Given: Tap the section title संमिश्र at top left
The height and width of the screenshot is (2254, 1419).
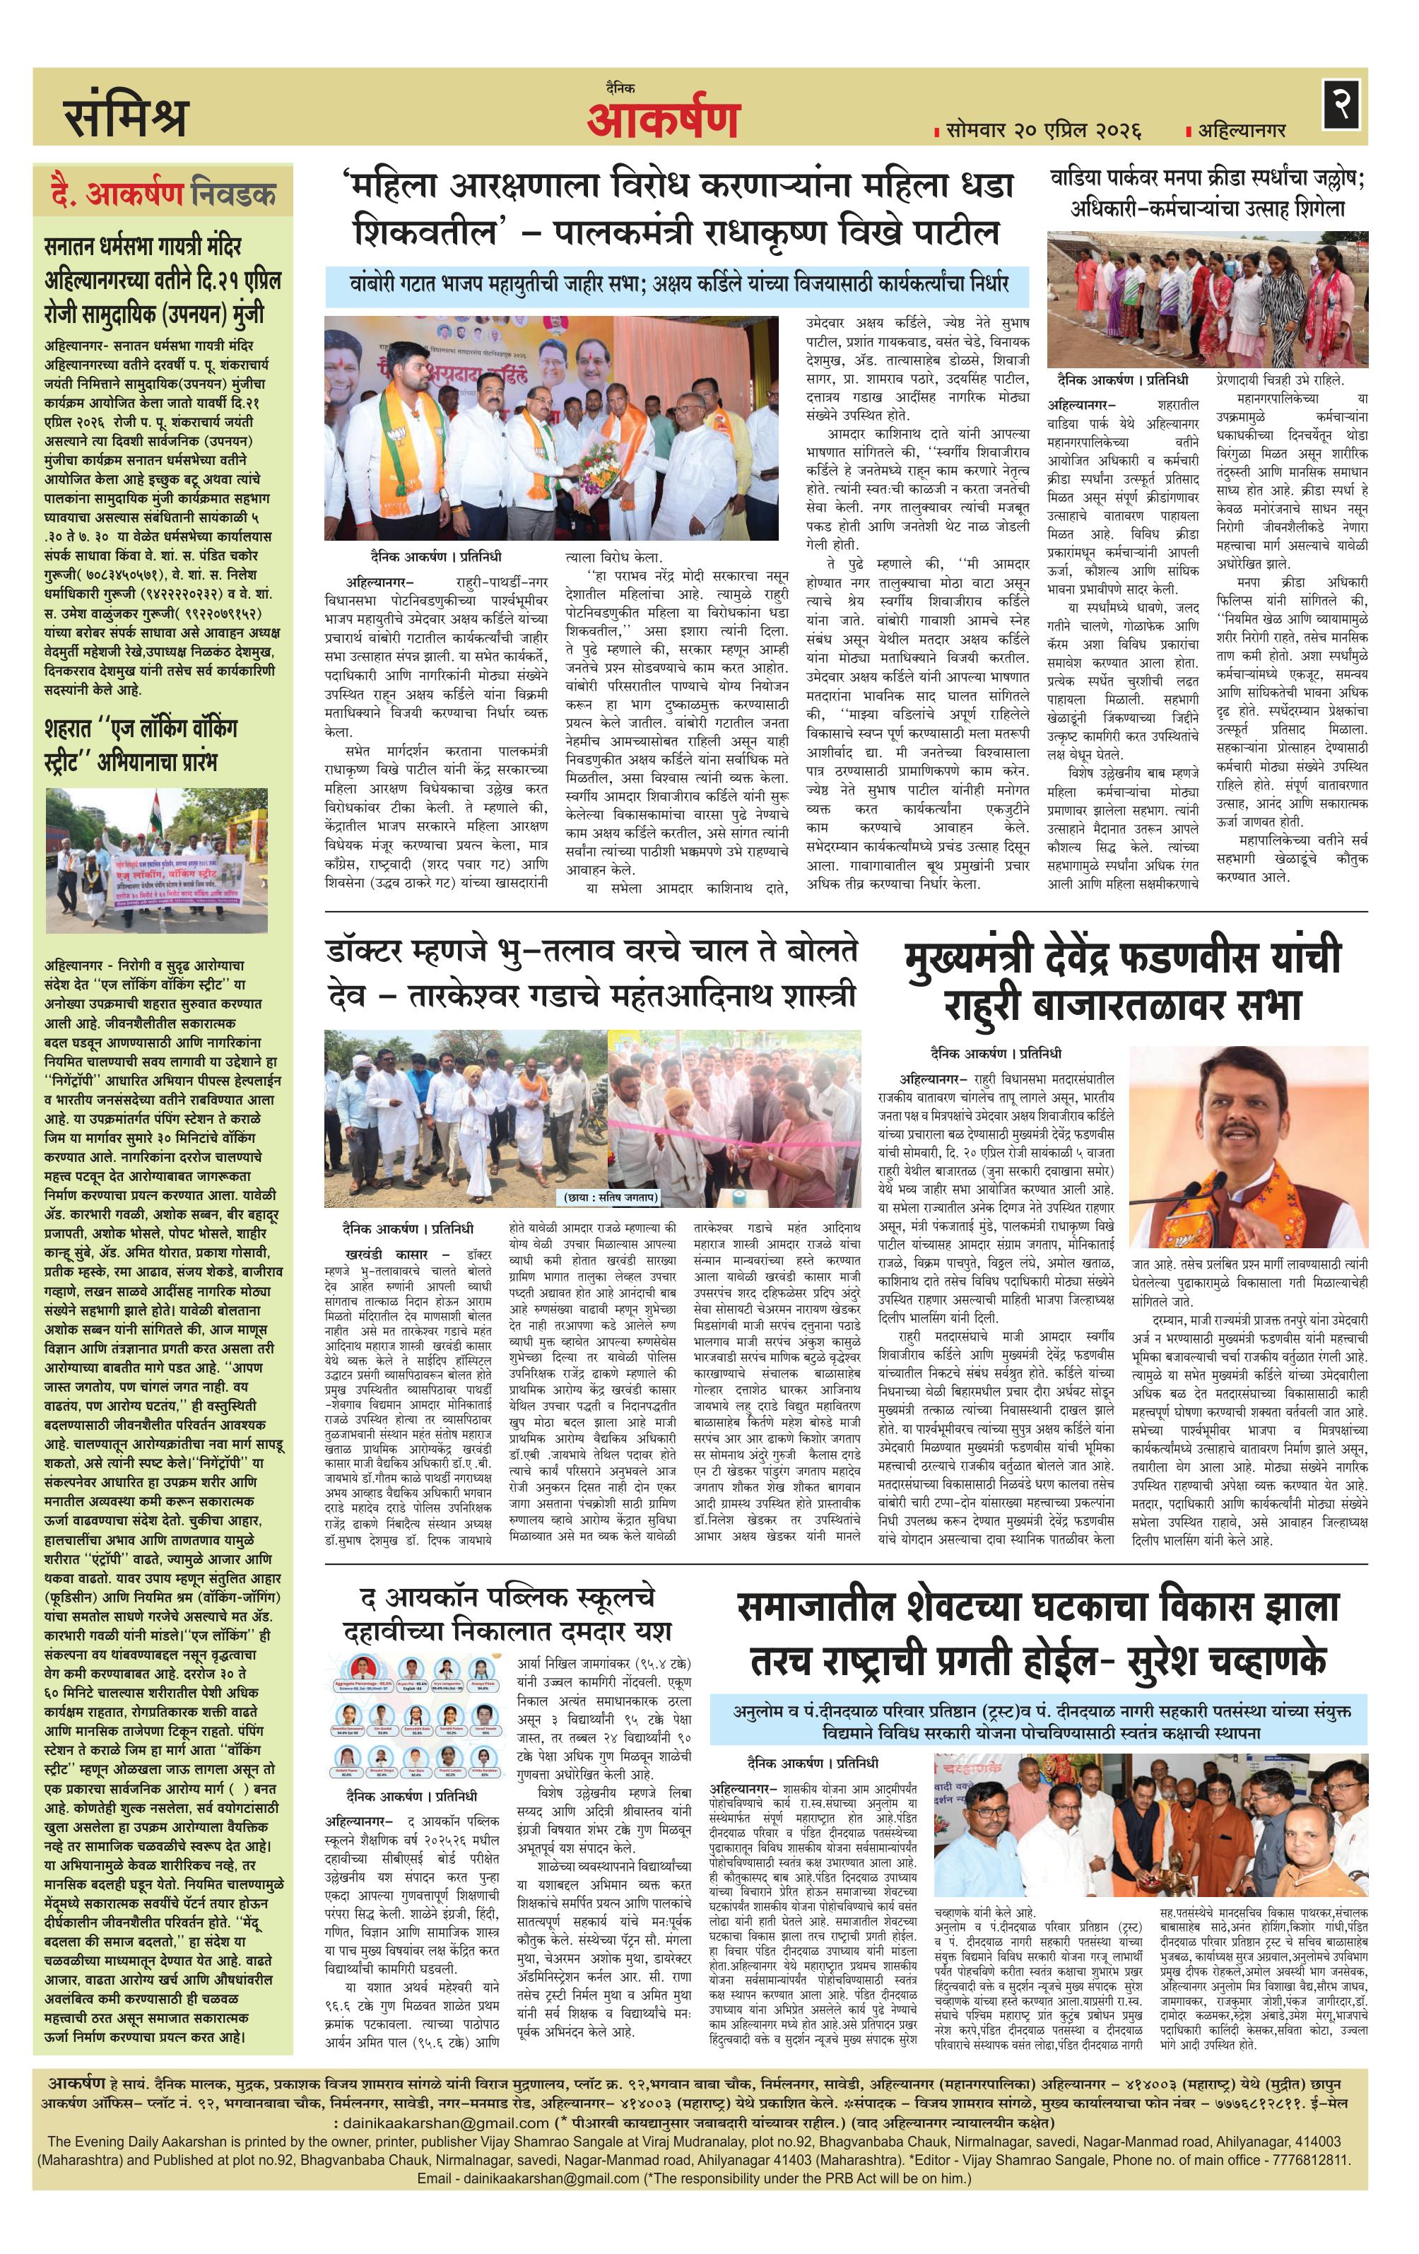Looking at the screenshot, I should (x=126, y=117).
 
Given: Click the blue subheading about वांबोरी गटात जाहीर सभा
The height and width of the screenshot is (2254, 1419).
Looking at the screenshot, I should (x=680, y=283).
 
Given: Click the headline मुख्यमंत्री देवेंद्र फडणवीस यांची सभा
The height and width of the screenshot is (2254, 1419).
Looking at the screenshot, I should (x=1122, y=981).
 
